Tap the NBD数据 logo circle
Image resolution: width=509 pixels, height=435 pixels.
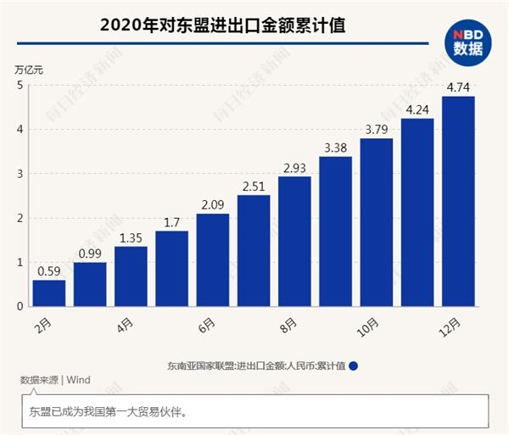[x=467, y=40]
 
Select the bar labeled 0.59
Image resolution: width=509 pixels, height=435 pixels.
[x=49, y=293]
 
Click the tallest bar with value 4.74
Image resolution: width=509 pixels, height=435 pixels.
[x=458, y=201]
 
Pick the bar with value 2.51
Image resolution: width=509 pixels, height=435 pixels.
[x=254, y=250]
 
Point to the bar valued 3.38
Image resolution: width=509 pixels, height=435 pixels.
[x=335, y=231]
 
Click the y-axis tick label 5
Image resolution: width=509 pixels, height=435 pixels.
[x=20, y=85]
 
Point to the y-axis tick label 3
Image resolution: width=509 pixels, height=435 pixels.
[x=20, y=174]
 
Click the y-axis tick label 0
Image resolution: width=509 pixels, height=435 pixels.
[x=20, y=306]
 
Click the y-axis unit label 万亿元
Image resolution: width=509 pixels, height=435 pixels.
[x=29, y=70]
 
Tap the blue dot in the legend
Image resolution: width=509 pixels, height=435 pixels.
[x=353, y=365]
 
